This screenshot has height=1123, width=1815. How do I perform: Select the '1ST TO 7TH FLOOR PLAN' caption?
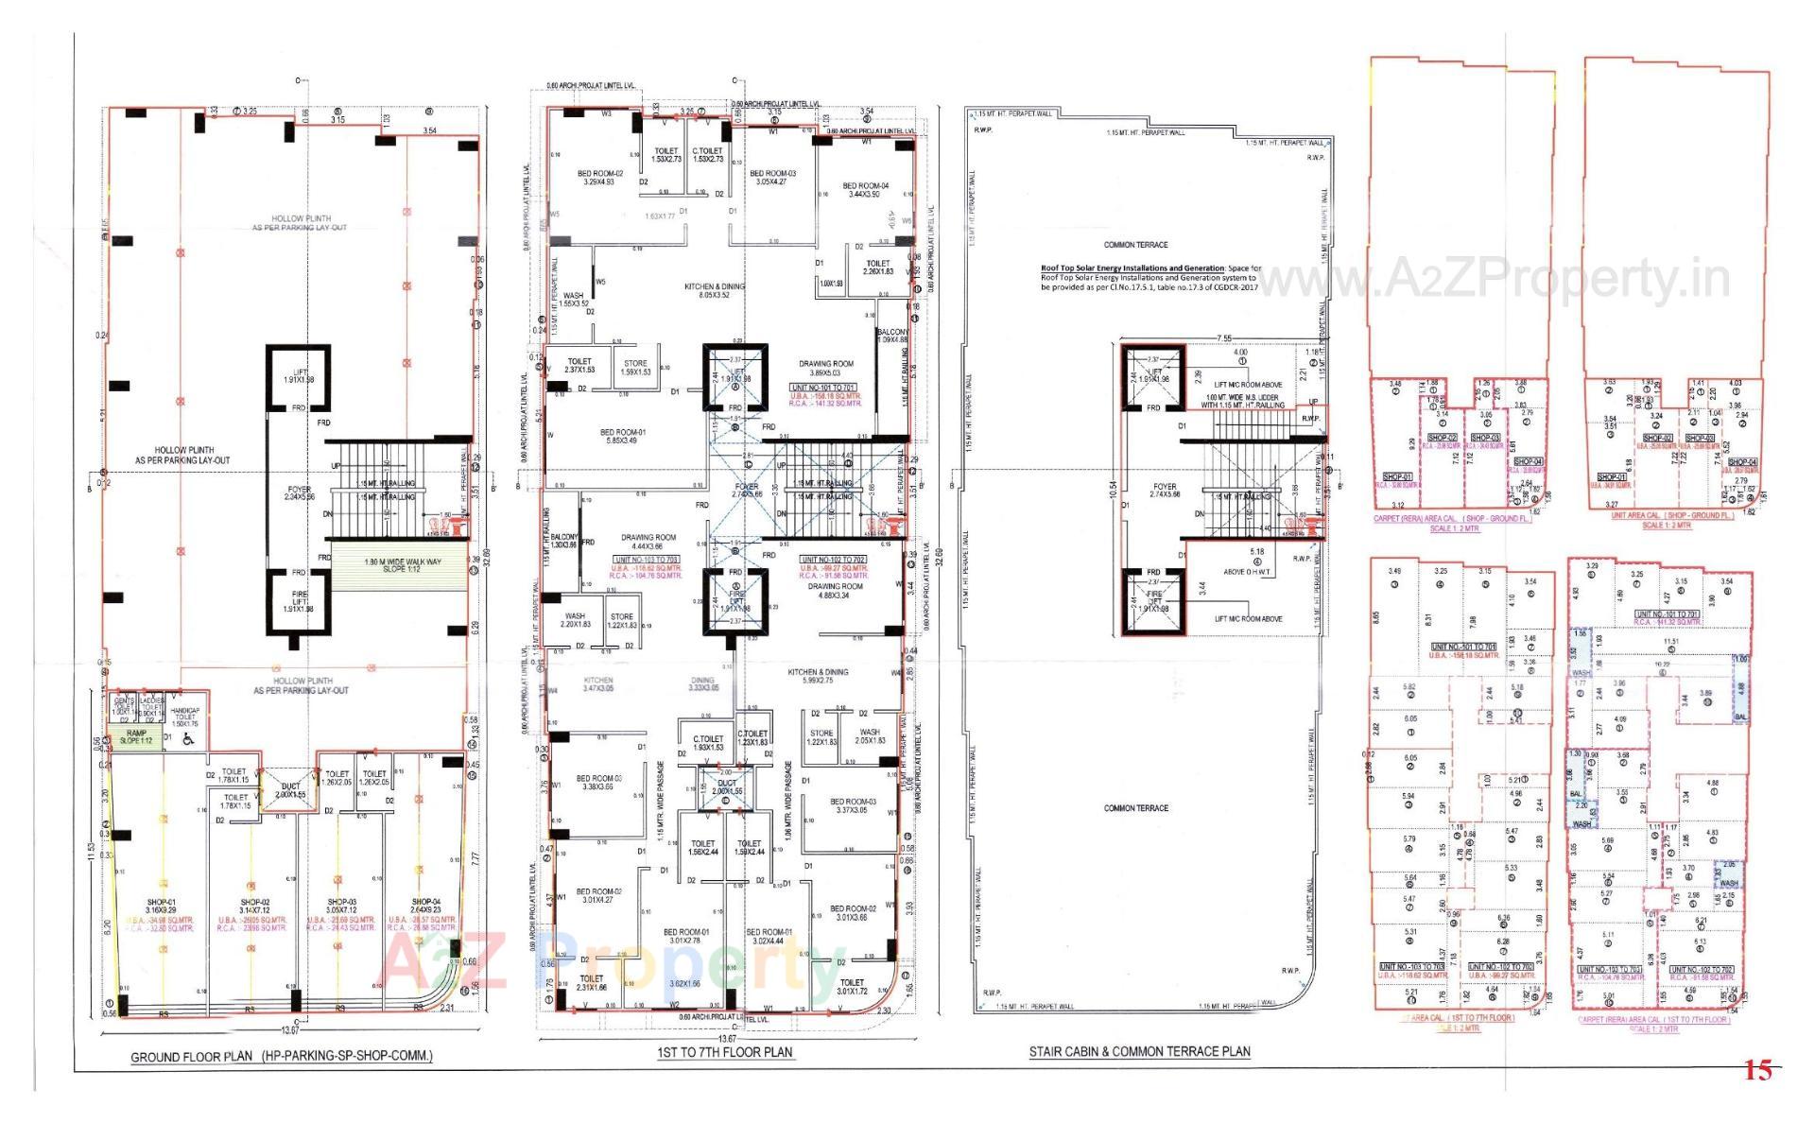pos(725,1051)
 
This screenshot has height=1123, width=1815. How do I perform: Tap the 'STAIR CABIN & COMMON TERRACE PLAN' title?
pos(1139,1051)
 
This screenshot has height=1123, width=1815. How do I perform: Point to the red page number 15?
pos(1757,1070)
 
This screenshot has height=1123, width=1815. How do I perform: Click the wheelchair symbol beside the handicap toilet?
pos(186,740)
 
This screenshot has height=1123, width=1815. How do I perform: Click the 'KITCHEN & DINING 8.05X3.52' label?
pos(715,290)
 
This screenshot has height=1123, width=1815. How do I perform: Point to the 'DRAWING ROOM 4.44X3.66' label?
pos(648,542)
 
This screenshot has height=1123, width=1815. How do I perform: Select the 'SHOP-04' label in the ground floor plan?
pos(425,906)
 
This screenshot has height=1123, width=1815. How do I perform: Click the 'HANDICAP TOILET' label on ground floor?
pos(184,717)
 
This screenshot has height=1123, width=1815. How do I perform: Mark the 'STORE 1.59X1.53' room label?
pos(635,368)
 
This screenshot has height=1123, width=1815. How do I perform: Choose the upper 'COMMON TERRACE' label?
pos(1135,245)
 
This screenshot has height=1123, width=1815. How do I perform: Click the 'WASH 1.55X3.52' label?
pos(573,300)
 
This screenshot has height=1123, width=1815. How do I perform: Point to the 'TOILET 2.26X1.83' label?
pos(877,268)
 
